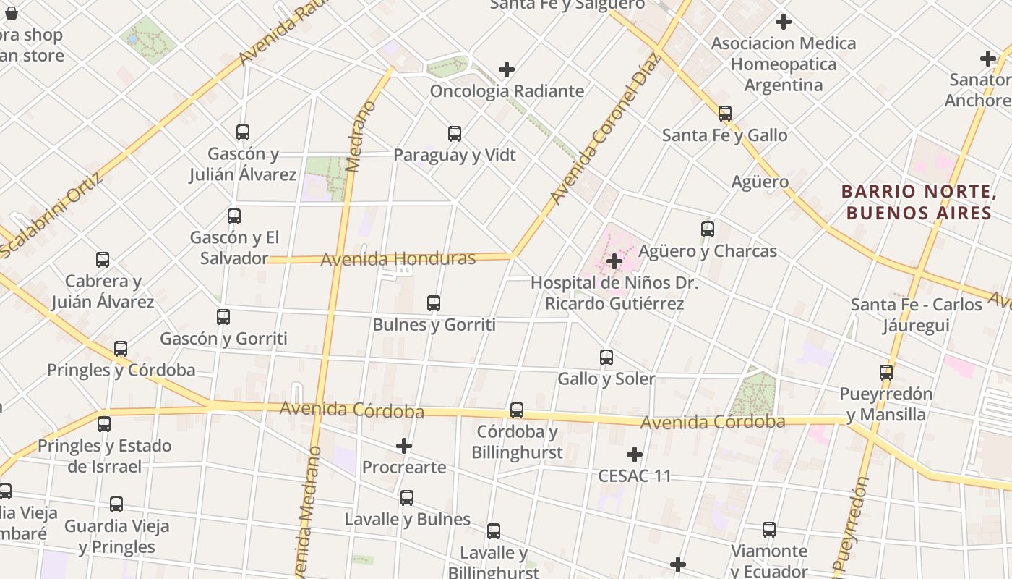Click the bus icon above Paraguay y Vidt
click(x=455, y=134)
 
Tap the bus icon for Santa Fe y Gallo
click(x=725, y=114)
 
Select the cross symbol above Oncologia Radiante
click(x=507, y=69)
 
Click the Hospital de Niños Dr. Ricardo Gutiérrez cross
click(x=614, y=261)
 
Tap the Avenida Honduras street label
click(x=398, y=258)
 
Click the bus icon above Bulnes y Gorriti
click(x=434, y=303)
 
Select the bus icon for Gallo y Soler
click(x=606, y=358)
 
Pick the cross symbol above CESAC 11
click(x=635, y=455)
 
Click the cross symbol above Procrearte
click(x=404, y=446)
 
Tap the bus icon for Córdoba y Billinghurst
click(x=517, y=410)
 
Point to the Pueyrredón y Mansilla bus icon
click(x=886, y=373)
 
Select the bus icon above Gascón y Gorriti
click(x=223, y=317)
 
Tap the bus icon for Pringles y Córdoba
click(x=121, y=349)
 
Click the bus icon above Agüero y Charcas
click(x=708, y=229)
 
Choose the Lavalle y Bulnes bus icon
click(x=407, y=498)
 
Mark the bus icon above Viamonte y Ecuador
click(x=769, y=530)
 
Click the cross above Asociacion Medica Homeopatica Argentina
click(x=783, y=22)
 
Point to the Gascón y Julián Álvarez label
click(x=243, y=164)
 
